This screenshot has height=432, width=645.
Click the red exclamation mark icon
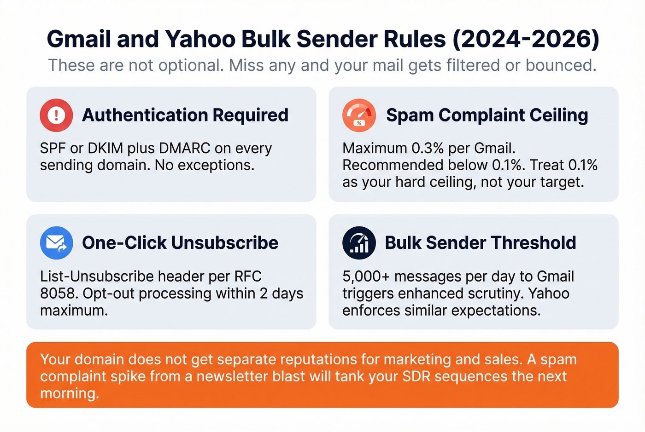56,115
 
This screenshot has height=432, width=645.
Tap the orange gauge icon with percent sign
359,115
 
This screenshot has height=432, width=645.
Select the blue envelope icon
56,243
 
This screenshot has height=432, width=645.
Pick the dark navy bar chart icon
359,243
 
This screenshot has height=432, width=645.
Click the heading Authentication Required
185,115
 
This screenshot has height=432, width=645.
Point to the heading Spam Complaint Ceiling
487,115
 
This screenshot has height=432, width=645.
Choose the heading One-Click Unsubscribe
180,243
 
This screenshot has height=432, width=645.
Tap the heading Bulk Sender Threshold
481,243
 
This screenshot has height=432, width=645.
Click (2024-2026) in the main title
526,39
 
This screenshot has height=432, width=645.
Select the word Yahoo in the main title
200,39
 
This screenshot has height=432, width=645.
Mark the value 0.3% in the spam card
428,149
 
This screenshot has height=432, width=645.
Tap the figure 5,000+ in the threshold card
366,276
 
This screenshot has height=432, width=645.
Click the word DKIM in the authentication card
103,149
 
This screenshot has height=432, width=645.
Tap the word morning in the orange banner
69,394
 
